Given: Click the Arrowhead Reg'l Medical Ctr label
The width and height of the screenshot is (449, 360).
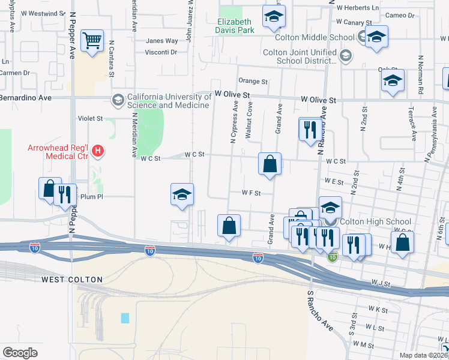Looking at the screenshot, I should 58,152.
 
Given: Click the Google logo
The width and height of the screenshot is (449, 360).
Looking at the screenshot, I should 20,353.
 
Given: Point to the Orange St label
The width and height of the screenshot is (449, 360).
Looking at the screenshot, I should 253,81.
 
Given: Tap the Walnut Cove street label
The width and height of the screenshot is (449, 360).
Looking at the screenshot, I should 248,121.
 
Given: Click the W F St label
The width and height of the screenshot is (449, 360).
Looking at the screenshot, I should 250,193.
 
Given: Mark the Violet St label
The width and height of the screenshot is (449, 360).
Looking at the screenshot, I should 91,119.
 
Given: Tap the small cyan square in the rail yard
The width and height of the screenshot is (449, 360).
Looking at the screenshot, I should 125,318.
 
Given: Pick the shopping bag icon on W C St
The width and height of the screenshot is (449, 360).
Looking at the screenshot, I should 270,163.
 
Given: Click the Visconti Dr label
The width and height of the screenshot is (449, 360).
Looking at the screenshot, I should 160,52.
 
